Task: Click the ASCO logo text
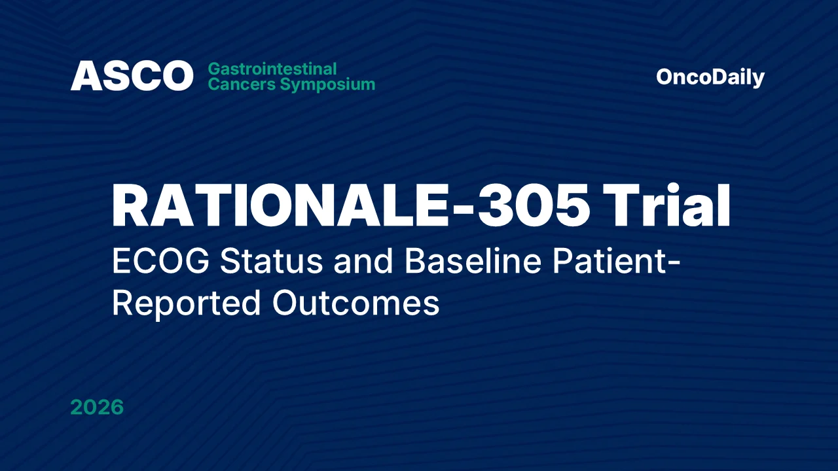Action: pyautogui.click(x=132, y=76)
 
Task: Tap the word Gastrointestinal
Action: pyautogui.click(x=272, y=69)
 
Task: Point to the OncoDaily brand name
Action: pyautogui.click(x=710, y=77)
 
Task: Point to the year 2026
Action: pyautogui.click(x=97, y=408)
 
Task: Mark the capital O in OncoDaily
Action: pyautogui.click(x=665, y=77)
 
